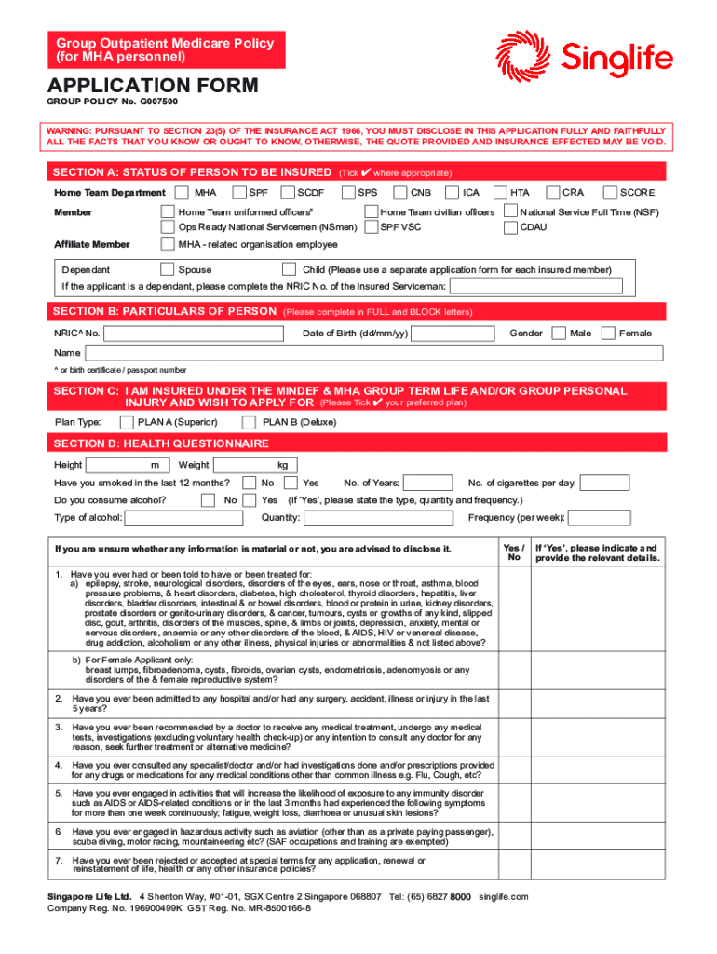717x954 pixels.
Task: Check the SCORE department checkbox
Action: (613, 193)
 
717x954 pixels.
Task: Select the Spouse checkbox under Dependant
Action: (168, 270)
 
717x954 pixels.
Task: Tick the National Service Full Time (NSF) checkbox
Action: (511, 212)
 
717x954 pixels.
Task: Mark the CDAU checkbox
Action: (511, 226)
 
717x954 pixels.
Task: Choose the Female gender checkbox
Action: (609, 334)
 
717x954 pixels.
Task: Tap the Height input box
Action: (117, 465)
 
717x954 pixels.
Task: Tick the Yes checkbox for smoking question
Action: (291, 483)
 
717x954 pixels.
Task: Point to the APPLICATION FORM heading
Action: (153, 87)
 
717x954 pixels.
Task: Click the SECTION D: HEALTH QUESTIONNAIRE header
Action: (161, 443)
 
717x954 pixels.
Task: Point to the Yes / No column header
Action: (513, 552)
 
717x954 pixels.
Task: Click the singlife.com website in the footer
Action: (504, 896)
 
